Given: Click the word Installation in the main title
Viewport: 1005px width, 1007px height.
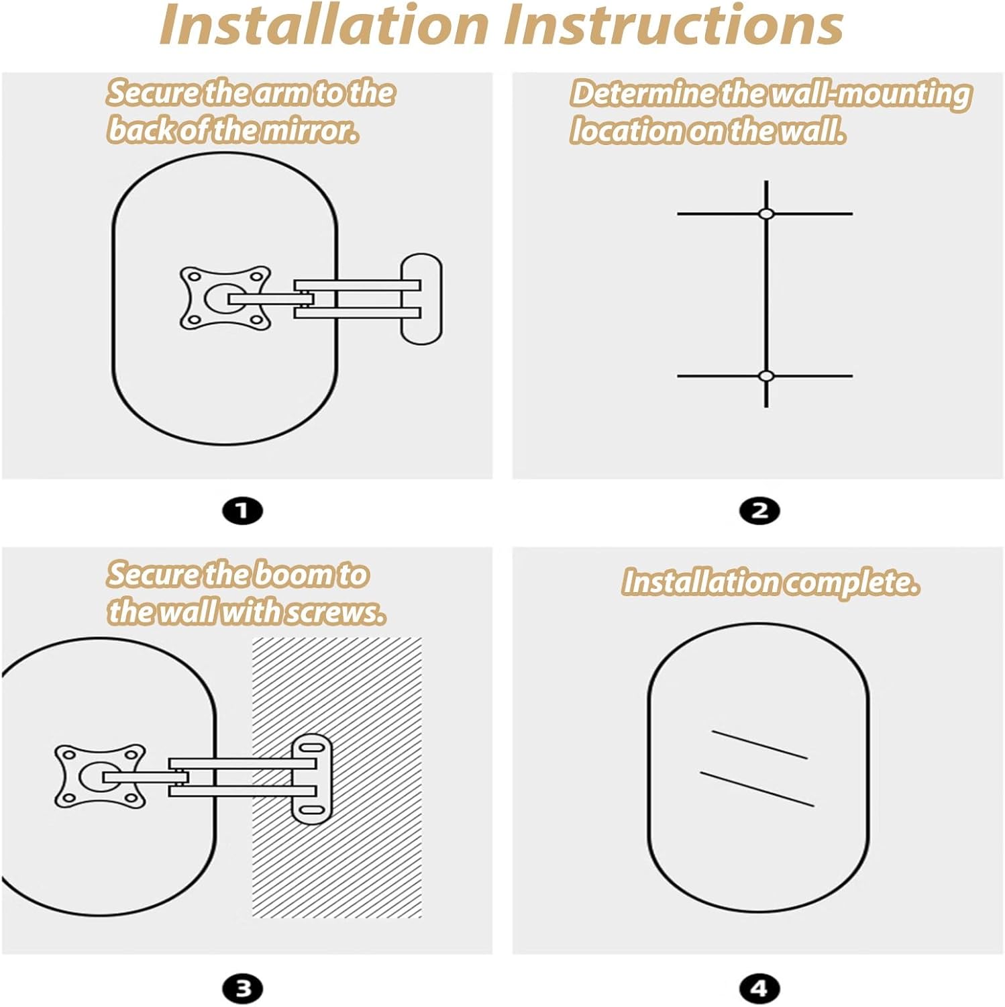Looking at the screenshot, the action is tap(324, 25).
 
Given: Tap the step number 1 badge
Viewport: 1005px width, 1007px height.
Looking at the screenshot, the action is tap(242, 511).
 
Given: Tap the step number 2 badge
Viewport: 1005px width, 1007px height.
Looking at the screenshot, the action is tap(759, 511).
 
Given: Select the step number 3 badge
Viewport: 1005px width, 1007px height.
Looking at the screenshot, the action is tap(242, 988).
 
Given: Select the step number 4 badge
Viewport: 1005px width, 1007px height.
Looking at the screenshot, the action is tap(759, 988).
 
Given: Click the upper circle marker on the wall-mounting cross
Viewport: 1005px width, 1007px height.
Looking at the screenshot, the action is tap(766, 213).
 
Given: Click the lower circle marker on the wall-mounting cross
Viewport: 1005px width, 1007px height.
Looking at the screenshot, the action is tap(766, 376).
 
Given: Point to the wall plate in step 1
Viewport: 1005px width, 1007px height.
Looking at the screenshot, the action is tap(421, 299).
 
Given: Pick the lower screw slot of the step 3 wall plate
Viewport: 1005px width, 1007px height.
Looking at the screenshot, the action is tap(311, 810).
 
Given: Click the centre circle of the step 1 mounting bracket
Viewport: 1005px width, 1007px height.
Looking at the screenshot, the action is tap(220, 298).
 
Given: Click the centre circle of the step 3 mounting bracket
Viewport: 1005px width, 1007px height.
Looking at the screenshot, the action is tap(95, 777).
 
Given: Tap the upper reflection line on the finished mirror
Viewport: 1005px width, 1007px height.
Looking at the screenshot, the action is tap(759, 745).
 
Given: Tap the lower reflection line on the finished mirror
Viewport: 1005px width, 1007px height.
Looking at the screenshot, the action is tap(757, 789).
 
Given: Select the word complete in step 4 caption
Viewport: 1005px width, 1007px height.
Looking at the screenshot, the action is tap(851, 582).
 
